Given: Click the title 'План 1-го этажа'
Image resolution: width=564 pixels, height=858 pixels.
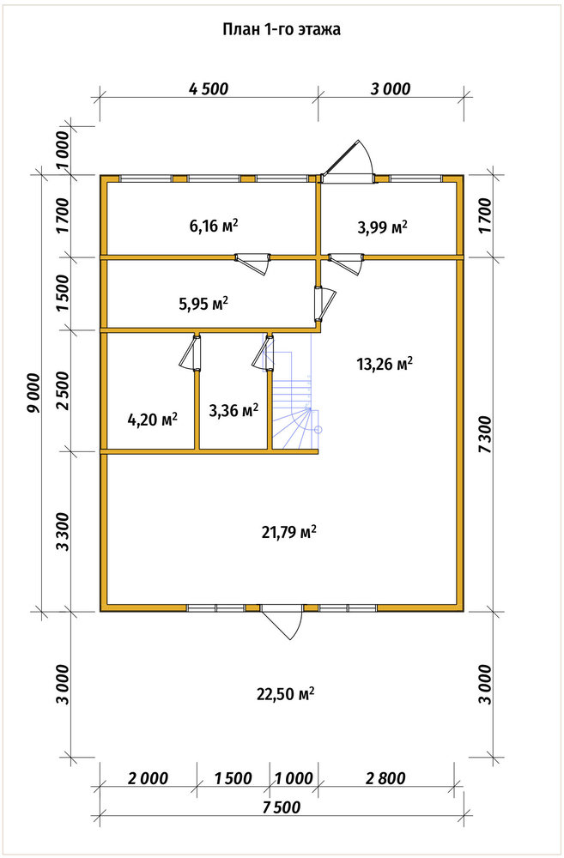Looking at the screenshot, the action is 281,29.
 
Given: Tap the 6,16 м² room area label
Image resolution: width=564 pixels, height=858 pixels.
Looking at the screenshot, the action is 214,225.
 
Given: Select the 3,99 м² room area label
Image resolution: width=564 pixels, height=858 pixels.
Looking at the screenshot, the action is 383,227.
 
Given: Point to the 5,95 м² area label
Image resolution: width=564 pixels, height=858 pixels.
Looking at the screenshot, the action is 203,303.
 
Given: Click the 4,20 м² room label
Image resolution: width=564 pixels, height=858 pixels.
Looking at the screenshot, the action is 152,420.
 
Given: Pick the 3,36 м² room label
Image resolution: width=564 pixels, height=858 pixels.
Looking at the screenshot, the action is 233,410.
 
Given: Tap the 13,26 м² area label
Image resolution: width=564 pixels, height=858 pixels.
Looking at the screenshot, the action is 385,363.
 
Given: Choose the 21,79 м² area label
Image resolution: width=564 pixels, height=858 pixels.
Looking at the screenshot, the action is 289,531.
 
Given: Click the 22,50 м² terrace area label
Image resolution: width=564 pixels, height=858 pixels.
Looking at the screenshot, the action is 285,694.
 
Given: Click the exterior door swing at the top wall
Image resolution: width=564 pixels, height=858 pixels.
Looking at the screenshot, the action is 349,159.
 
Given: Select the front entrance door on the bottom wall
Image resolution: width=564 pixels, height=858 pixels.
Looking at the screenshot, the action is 282,621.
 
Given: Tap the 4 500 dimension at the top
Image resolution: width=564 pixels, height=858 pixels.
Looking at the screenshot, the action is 208,88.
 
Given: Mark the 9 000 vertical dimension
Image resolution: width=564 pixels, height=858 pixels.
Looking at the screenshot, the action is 35,392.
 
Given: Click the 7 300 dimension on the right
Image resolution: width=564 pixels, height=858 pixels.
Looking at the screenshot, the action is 485,434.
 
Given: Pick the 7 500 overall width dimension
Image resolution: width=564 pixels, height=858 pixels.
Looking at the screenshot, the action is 281,807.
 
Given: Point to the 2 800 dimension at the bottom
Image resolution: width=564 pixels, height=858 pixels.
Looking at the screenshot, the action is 385,778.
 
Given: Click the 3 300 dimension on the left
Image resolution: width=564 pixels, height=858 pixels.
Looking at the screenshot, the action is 63,531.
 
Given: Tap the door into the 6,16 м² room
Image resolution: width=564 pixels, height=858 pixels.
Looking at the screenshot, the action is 252,262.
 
